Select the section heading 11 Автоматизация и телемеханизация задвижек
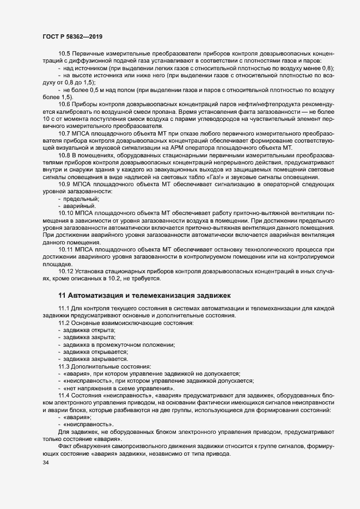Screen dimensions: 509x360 [x=145, y=295]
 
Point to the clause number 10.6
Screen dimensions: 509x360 [x=64, y=103]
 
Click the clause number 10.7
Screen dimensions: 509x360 [x=64, y=133]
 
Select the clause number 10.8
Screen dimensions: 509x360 [x=64, y=155]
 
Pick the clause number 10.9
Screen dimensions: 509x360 [x=64, y=185]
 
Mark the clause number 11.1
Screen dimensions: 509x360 [x=64, y=309]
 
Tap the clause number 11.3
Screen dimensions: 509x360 [x=64, y=367]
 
